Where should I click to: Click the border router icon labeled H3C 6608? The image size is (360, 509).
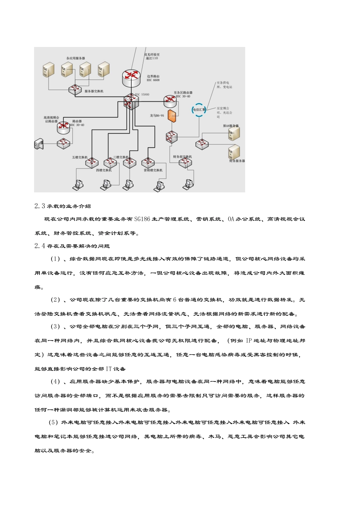131,77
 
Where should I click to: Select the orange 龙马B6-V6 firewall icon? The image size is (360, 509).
172,116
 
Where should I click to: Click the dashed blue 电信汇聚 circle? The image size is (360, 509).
199,110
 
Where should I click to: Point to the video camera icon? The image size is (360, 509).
39,144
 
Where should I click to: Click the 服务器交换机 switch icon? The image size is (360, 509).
75,90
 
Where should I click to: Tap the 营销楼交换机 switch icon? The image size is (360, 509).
148,162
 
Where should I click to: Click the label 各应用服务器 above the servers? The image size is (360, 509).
76,58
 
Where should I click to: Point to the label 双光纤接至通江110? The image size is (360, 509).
152,56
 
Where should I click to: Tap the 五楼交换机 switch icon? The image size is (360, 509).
92,162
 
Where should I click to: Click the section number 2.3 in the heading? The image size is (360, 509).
40,206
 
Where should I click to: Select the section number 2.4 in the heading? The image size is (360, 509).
40,246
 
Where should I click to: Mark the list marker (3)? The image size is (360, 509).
55,326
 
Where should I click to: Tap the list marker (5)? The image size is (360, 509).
53,422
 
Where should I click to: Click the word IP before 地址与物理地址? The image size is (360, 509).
249,340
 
